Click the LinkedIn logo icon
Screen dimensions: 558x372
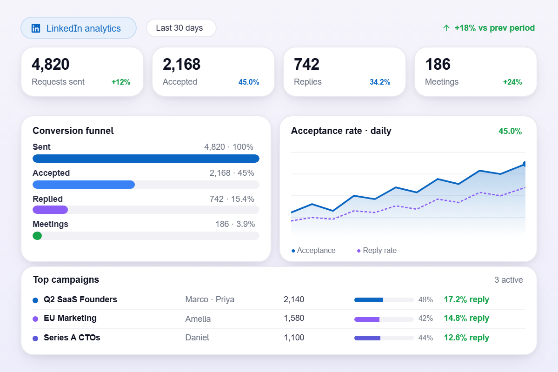tap(36, 28)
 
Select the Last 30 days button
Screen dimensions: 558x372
tap(181, 28)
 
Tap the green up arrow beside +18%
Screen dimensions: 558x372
tap(446, 28)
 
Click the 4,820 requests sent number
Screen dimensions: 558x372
tap(51, 64)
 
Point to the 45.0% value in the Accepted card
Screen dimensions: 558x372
tap(249, 82)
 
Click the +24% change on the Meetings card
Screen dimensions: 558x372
tap(512, 82)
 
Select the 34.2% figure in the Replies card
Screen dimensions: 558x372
tap(380, 82)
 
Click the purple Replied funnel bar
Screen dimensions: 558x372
tap(50, 210)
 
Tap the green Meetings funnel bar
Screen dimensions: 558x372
tap(37, 236)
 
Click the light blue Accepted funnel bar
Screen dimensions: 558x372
tap(84, 185)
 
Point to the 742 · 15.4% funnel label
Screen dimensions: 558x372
tap(232, 199)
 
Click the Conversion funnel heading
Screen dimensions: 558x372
tap(73, 131)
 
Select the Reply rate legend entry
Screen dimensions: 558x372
tap(377, 251)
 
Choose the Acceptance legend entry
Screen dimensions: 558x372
tap(313, 251)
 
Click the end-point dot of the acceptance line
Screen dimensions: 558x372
tap(525, 164)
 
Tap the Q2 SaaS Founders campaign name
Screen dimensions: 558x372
tap(80, 299)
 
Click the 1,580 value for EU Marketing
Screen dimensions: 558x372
tap(294, 318)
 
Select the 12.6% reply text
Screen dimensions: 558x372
tap(466, 338)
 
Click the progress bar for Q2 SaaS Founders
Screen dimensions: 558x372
tap(384, 300)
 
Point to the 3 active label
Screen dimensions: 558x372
tap(508, 280)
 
